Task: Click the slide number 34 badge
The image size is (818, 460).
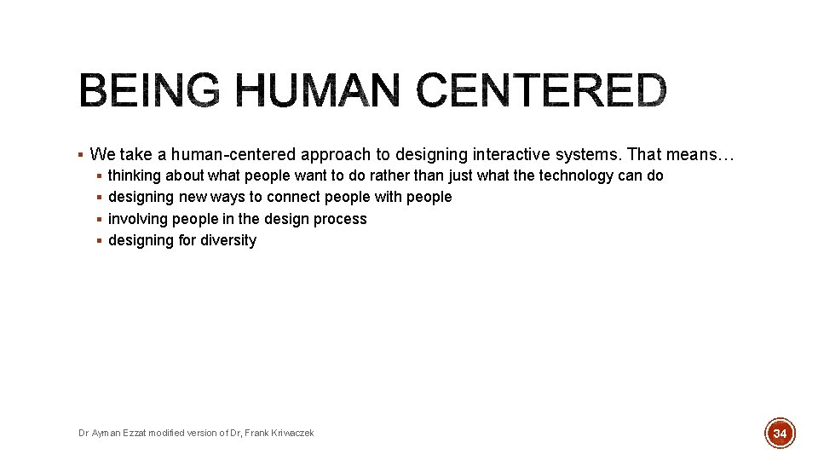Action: pos(779,434)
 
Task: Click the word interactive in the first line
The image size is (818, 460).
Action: pos(482,154)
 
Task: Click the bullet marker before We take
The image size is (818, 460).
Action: pos(79,154)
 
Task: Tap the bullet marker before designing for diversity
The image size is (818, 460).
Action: pos(99,240)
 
